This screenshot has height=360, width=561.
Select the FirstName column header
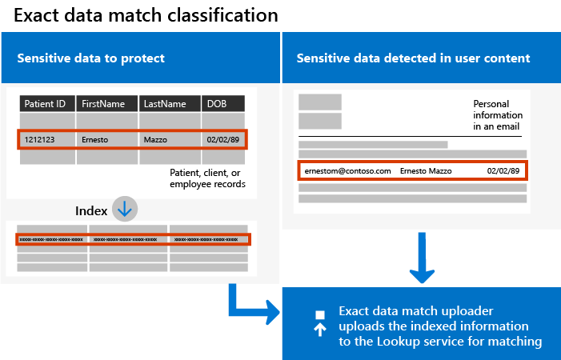pos(107,104)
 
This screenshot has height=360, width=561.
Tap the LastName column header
pos(170,104)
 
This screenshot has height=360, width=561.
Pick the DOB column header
pos(222,104)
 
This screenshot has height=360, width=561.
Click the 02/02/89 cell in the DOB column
pos(222,139)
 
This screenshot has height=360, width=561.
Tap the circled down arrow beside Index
pos(125,210)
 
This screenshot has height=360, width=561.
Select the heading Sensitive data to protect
pos(91,58)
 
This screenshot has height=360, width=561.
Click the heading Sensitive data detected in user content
pos(413,58)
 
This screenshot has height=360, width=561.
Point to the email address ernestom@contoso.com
pos(347,171)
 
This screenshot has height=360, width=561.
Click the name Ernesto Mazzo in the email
pos(426,171)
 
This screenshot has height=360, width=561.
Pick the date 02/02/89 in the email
pos(503,171)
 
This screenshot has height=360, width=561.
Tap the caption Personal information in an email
pos(497,115)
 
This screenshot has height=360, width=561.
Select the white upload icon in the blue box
pos(319,322)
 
